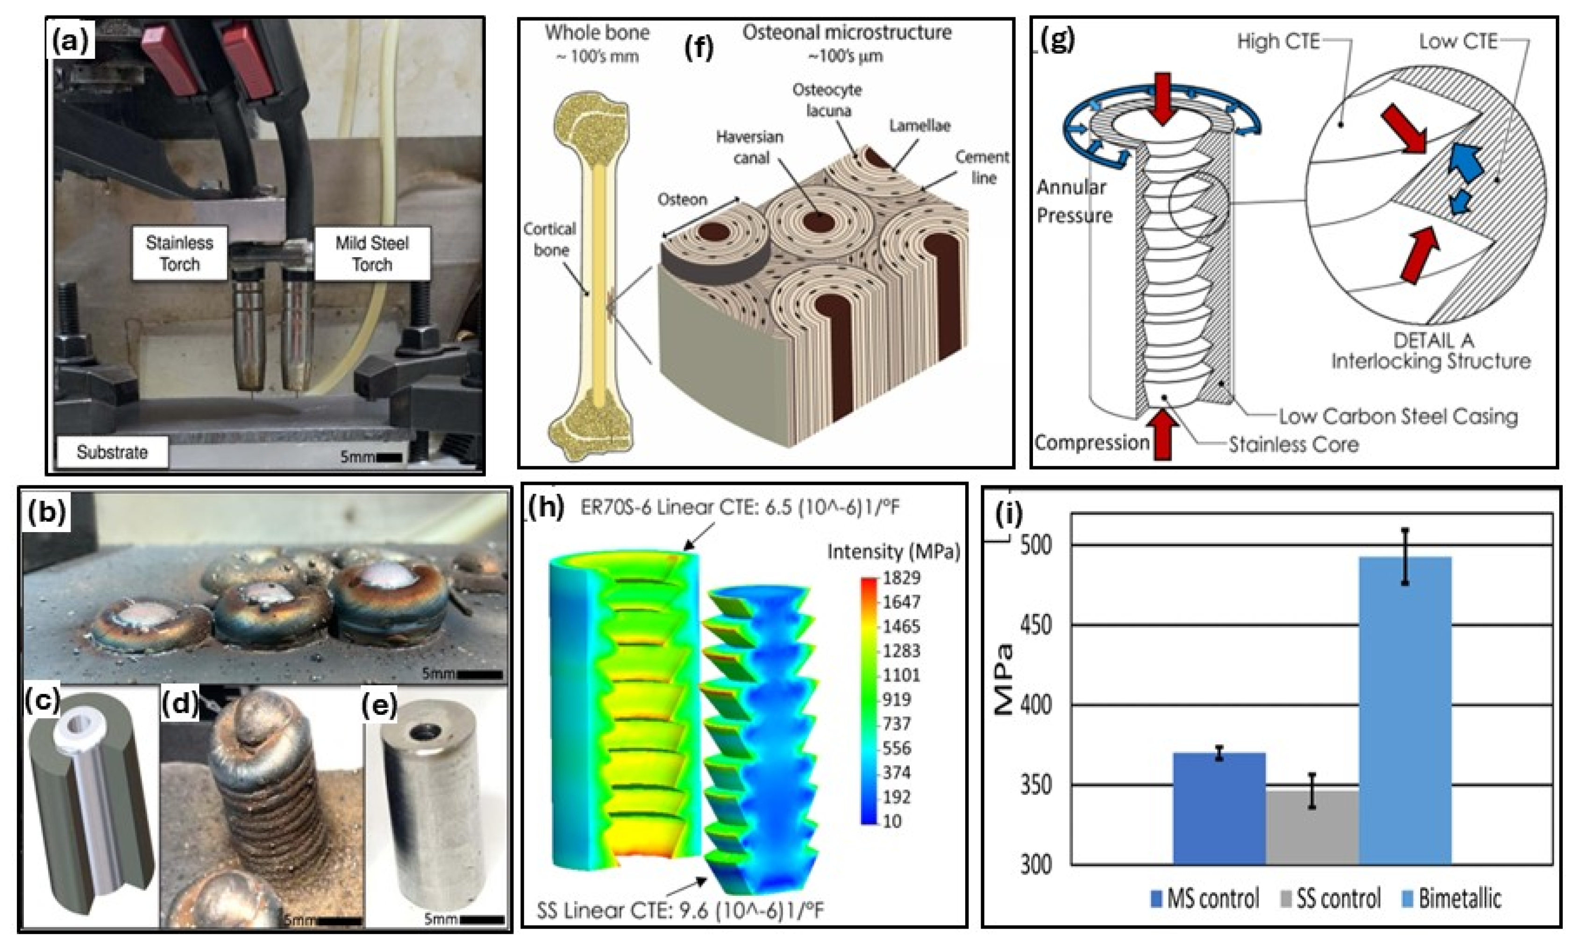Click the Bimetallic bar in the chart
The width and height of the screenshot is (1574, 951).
[1405, 709]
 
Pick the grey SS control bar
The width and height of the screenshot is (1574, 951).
[1311, 827]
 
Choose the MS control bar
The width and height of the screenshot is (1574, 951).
[1219, 808]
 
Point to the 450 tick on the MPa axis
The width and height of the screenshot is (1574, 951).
[1034, 625]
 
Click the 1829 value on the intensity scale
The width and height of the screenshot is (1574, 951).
[901, 578]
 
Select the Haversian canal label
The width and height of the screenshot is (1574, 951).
[749, 147]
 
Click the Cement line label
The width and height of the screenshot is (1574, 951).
[982, 167]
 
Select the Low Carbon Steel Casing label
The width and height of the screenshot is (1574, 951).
[1398, 417]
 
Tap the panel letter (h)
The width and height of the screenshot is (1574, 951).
[547, 507]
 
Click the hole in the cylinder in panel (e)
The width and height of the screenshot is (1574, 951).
[421, 733]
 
